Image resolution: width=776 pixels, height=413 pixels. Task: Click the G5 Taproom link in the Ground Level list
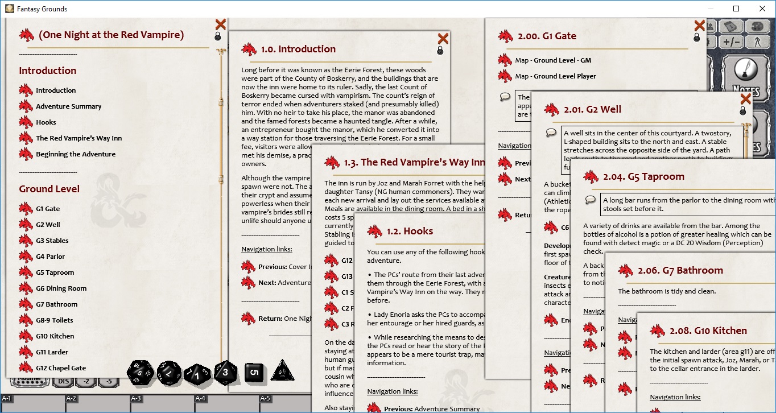point(55,272)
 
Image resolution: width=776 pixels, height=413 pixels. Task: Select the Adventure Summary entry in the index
point(68,106)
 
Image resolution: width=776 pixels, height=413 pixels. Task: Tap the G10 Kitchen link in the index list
point(55,336)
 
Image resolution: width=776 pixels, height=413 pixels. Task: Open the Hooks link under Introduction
point(46,122)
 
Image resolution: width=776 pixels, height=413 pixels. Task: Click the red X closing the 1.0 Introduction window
point(443,39)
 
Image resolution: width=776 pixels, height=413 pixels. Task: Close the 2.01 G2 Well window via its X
point(745,99)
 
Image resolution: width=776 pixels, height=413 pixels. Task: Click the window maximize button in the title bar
point(736,9)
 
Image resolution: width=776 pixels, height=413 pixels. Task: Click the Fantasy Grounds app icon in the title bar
point(9,9)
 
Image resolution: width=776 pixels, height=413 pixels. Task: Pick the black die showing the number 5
point(254,373)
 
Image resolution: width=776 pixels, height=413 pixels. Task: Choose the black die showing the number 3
point(226,373)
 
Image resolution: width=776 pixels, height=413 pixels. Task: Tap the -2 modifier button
point(86,382)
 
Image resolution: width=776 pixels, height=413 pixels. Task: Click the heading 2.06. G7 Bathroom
point(680,271)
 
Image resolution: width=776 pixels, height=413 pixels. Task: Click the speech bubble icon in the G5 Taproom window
point(591,200)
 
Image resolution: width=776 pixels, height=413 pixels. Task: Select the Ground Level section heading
point(49,189)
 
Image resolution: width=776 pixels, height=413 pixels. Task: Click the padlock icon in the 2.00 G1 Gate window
point(697,38)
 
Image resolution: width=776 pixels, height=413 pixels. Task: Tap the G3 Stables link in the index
point(52,241)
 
